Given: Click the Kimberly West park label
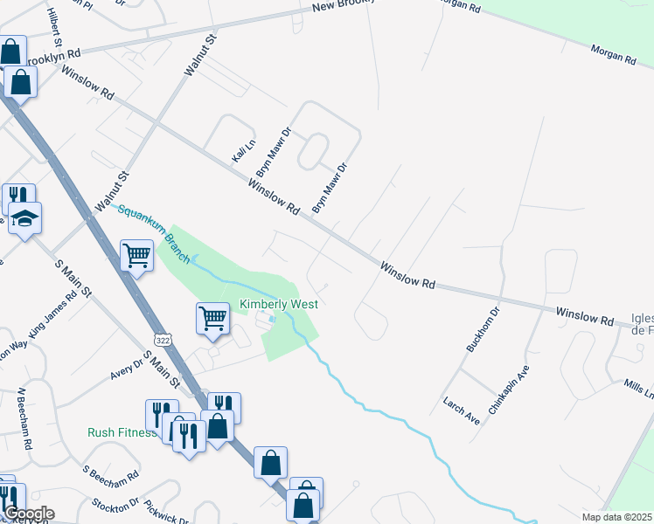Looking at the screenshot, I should click(279, 304).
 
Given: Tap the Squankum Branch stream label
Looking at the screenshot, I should click(149, 226).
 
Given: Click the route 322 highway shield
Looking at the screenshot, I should click(161, 338).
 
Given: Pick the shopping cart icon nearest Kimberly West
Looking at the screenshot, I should click(213, 319).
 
